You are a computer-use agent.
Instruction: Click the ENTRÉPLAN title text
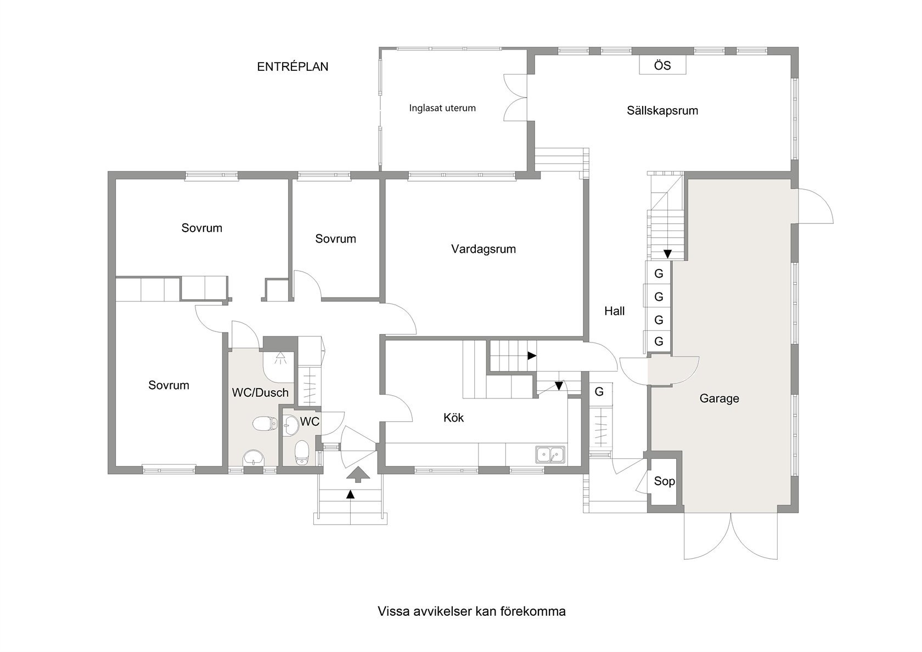pyautogui.click(x=293, y=66)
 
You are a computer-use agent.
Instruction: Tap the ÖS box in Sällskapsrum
pyautogui.click(x=662, y=65)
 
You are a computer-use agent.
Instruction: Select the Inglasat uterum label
pyautogui.click(x=442, y=108)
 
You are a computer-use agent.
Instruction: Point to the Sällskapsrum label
pyautogui.click(x=662, y=110)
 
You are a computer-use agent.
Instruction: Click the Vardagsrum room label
pyautogui.click(x=483, y=249)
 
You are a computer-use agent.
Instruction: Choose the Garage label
pyautogui.click(x=719, y=398)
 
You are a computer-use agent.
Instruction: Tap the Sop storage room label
pyautogui.click(x=664, y=481)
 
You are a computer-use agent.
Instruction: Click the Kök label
pyautogui.click(x=453, y=418)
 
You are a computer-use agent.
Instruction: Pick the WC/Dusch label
pyautogui.click(x=260, y=393)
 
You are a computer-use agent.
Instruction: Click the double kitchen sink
pyautogui.click(x=550, y=455)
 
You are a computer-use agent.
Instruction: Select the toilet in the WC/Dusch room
pyautogui.click(x=265, y=423)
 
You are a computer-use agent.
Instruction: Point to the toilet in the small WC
pyautogui.click(x=302, y=453)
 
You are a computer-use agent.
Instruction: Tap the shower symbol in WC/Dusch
pyautogui.click(x=280, y=358)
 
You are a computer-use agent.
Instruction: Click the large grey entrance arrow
pyautogui.click(x=358, y=474)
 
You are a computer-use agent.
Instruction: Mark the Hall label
pyautogui.click(x=614, y=311)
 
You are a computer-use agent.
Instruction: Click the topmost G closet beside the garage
pyautogui.click(x=659, y=273)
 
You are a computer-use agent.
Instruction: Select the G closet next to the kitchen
pyautogui.click(x=599, y=391)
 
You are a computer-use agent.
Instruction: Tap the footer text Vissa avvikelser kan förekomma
pyautogui.click(x=472, y=611)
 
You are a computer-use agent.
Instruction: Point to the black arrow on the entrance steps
pyautogui.click(x=350, y=494)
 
